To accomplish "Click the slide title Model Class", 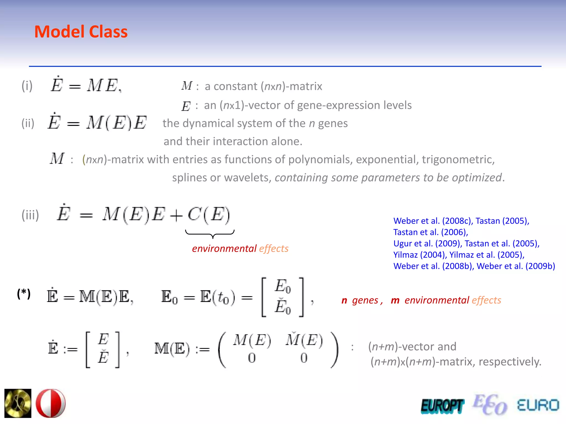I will (81, 32).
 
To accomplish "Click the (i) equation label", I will (27, 86).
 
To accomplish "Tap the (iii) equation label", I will (30, 215).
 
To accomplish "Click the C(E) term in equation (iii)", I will (209, 215).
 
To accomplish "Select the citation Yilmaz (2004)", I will (419, 255).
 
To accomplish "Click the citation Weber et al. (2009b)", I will (516, 266).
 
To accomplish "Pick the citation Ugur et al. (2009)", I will (427, 243).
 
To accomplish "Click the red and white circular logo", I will (51, 403).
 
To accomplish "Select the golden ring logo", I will (18, 403).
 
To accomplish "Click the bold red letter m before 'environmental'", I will (395, 300).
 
